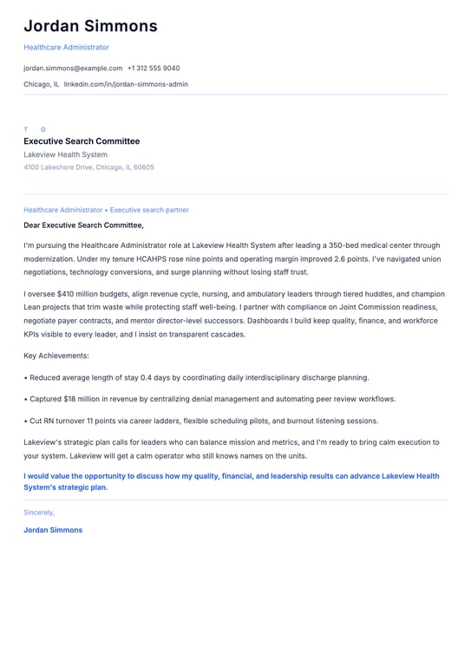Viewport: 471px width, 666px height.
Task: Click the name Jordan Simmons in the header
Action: tap(90, 26)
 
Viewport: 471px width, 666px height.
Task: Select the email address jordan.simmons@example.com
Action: tap(73, 68)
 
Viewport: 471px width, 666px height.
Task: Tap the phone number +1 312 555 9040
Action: tap(154, 68)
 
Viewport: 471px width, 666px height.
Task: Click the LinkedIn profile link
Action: tap(126, 84)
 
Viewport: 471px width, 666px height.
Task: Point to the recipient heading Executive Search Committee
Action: tap(82, 141)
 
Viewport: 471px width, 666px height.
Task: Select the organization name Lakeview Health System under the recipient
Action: tap(66, 154)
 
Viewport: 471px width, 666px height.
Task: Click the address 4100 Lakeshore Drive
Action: tap(88, 167)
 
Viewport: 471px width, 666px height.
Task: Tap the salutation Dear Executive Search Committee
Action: tap(84, 225)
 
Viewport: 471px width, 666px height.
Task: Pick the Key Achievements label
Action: tap(56, 356)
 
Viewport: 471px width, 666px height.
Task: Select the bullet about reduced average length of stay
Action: tap(199, 377)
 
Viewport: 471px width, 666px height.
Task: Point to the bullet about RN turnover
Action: tap(203, 421)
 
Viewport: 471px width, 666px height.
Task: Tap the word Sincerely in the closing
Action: tap(39, 513)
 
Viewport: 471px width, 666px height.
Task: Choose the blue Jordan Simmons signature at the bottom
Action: tap(53, 530)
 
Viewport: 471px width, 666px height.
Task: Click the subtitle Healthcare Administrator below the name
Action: tap(66, 47)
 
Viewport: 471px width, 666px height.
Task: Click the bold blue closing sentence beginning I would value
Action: tap(231, 481)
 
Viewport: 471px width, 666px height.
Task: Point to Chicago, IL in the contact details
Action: tap(41, 84)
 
